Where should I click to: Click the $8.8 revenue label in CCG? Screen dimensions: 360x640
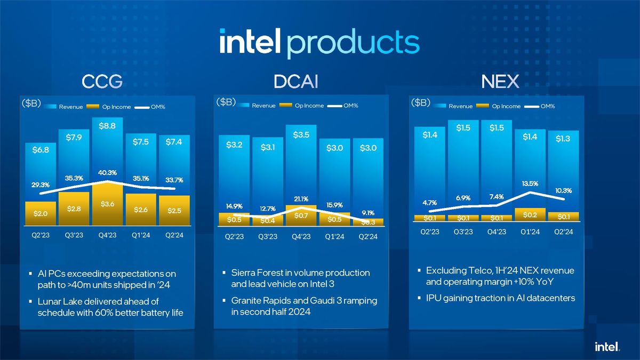[107, 126]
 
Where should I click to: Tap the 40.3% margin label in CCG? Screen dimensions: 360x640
[107, 172]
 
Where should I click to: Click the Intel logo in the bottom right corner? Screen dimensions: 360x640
[607, 347]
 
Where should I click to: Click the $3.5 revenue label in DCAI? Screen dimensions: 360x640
[301, 135]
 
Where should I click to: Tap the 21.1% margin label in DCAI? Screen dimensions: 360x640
[301, 199]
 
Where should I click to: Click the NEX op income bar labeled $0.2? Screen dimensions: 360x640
[530, 214]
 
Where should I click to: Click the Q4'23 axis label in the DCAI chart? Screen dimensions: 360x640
[301, 237]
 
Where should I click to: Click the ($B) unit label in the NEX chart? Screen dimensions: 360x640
[421, 103]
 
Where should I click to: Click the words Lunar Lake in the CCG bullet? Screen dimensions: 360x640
[60, 302]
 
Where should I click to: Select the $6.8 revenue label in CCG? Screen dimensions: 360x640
[41, 150]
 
